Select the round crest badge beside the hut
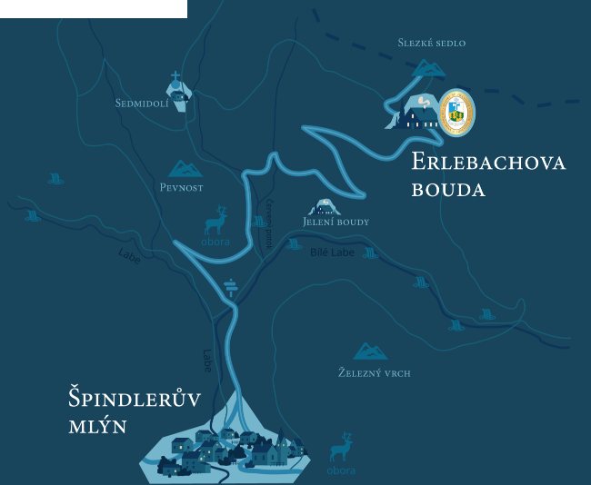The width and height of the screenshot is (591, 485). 456,113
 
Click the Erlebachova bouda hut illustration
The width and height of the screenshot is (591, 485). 416,114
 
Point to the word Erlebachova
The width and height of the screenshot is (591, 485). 488,163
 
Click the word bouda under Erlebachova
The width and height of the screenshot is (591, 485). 447,190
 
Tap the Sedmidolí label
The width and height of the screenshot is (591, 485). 142,104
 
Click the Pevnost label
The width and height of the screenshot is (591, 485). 181,187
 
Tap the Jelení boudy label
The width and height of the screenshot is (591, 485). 336,222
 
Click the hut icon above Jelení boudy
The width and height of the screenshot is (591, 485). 325,206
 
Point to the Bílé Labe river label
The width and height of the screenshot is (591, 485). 332,252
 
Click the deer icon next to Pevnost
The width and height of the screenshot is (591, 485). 216,221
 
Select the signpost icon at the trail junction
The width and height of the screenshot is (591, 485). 231,287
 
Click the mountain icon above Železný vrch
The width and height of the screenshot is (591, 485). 370,351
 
